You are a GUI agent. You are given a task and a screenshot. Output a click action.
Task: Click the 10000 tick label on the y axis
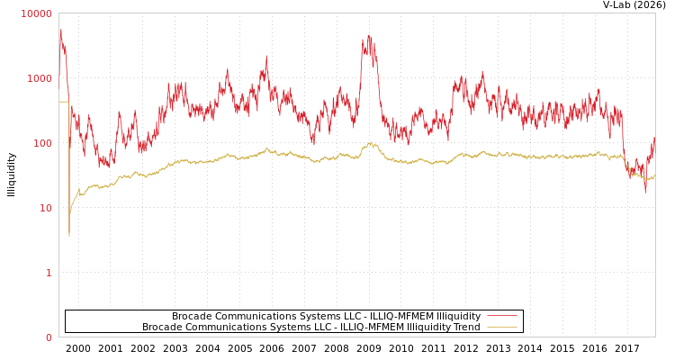[37, 13]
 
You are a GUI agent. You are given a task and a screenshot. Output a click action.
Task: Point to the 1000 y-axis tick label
[40, 78]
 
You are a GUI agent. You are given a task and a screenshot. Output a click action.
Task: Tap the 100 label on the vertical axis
[42, 143]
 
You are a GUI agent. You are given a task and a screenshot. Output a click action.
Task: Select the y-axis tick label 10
[45, 208]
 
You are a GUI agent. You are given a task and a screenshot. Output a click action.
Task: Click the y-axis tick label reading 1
[49, 273]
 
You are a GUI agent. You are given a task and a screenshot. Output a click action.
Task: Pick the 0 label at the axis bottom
[49, 337]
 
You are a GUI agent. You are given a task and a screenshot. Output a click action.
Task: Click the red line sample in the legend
[501, 316]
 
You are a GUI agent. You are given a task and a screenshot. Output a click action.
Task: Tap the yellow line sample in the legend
[501, 327]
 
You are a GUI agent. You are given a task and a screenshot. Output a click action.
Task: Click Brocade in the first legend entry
[193, 316]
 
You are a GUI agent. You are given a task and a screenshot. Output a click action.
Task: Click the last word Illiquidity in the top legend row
[458, 316]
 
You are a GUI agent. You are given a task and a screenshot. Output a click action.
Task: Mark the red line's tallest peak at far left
[61, 30]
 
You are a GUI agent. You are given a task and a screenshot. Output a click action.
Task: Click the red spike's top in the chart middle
[368, 36]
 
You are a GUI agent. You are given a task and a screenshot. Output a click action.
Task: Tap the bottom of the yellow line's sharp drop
[68, 236]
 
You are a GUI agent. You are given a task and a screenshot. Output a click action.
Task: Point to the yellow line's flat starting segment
[64, 102]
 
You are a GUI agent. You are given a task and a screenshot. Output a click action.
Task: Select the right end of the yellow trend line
[654, 175]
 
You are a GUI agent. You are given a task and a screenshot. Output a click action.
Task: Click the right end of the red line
[654, 139]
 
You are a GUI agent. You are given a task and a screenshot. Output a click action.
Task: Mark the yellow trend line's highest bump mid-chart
[370, 142]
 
